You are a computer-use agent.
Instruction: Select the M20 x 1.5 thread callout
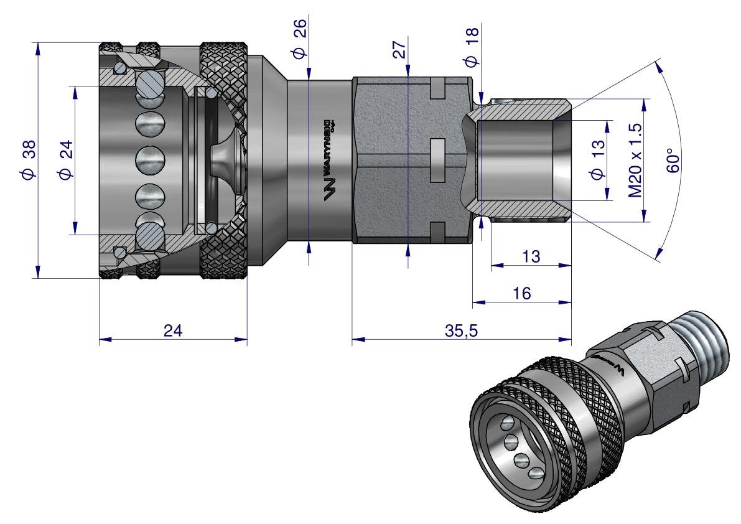[x=635, y=159]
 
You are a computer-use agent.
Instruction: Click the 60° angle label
[x=676, y=161]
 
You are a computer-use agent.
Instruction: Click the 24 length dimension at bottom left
[x=173, y=330]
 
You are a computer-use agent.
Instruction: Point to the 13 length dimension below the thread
[x=531, y=256]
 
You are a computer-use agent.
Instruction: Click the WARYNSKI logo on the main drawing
[x=330, y=159]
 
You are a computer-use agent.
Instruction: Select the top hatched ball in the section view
[x=151, y=84]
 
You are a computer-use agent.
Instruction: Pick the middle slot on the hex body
[x=438, y=159]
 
